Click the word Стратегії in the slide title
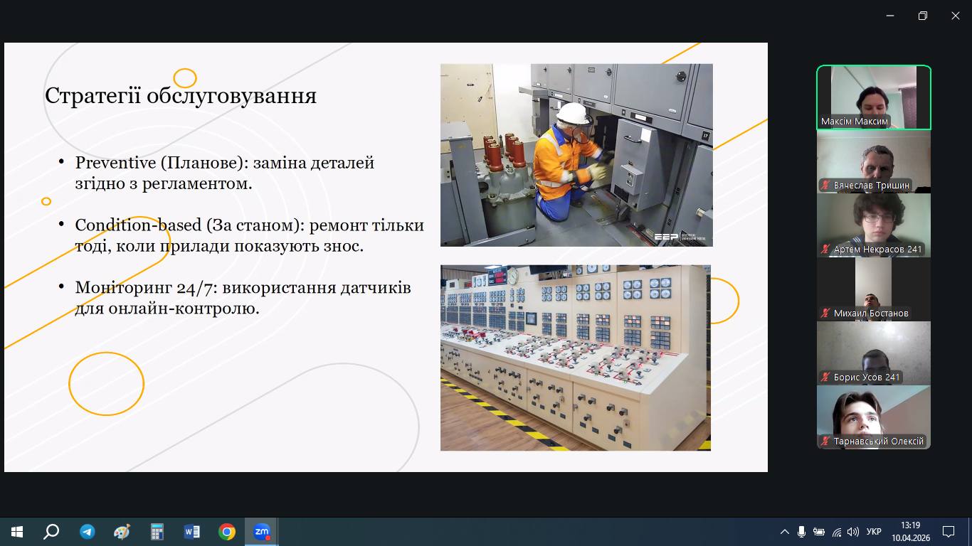tap(93, 96)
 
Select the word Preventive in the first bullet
tap(115, 163)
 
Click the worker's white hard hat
tap(574, 114)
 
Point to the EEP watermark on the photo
tap(665, 237)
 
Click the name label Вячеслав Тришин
tap(871, 185)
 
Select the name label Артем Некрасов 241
tap(877, 250)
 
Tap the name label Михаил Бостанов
tap(870, 313)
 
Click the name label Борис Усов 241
tap(866, 378)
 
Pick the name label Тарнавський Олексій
tap(878, 441)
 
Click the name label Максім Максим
tap(854, 122)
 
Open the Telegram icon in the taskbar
tap(88, 532)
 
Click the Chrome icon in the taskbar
tap(226, 532)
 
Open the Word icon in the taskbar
tap(192, 532)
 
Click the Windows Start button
tap(16, 532)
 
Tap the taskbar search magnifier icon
tap(51, 532)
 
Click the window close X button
tap(956, 16)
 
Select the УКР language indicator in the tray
tap(874, 532)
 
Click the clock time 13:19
tap(910, 525)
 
